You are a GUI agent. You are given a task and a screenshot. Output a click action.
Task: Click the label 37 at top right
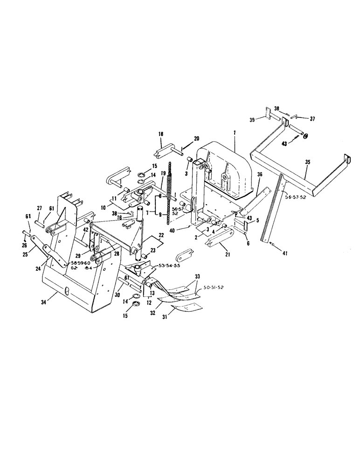[x=312, y=119]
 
